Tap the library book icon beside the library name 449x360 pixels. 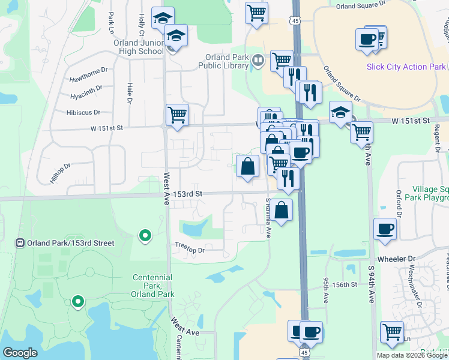(257, 60)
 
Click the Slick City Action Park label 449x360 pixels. (406, 66)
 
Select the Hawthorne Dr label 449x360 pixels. (88, 70)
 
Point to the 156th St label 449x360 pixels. (346, 284)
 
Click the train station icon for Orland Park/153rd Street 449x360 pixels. (20, 243)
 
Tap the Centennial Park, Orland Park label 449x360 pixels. (152, 286)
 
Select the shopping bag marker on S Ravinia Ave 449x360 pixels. (281, 210)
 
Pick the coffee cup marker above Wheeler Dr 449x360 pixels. (385, 228)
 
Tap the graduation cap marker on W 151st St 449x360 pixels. (340, 112)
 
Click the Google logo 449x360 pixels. (20, 353)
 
